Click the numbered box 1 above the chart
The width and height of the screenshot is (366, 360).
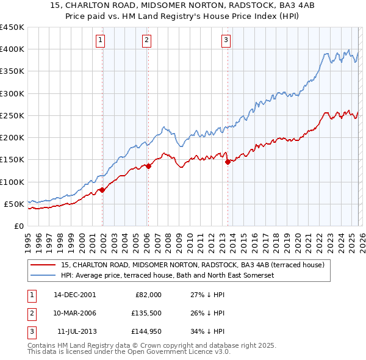[x=100, y=41]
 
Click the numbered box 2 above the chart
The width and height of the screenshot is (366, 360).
[x=147, y=41]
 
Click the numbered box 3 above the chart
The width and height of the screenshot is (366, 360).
[x=226, y=41]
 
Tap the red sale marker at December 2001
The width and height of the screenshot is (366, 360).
[x=102, y=190]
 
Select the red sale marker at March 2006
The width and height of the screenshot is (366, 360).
[x=148, y=166]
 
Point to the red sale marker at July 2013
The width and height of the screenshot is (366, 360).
[x=228, y=162]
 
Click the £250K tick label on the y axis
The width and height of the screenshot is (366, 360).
[x=12, y=115]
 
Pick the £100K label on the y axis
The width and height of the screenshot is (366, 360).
[x=12, y=182]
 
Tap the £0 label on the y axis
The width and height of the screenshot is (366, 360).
[x=18, y=226]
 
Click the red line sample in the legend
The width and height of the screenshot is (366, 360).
[x=43, y=265]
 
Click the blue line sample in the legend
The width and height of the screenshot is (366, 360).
[x=43, y=275]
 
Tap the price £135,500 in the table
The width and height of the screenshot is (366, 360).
[x=145, y=313]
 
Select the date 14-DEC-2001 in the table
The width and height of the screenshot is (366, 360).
[x=74, y=295]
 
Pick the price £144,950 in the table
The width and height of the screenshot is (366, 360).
[x=145, y=331]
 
